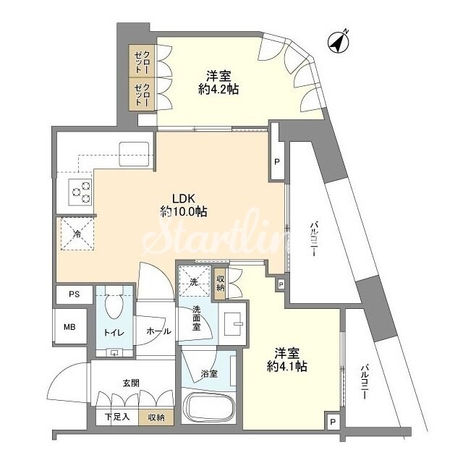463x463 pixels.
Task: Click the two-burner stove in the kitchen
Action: [80, 191]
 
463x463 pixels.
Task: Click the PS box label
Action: [74, 295]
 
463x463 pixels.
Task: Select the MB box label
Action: [69, 328]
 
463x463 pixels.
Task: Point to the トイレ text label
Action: [113, 331]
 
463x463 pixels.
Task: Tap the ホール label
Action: [158, 331]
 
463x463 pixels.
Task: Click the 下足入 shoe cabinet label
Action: [116, 417]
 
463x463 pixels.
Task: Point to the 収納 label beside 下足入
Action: [156, 417]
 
